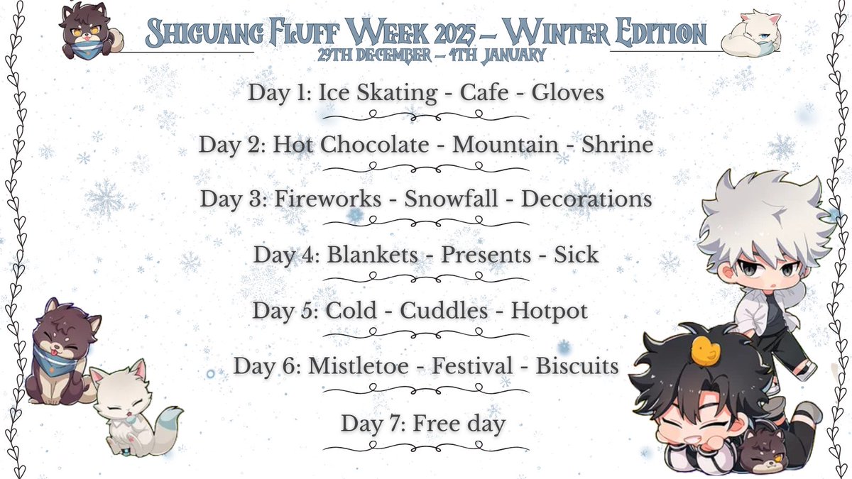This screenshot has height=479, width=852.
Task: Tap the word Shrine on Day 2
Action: (x=617, y=145)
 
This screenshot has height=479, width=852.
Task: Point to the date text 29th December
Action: (x=355, y=55)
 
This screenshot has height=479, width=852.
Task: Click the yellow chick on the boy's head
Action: (x=704, y=348)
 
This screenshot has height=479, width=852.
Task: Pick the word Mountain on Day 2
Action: (x=506, y=145)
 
